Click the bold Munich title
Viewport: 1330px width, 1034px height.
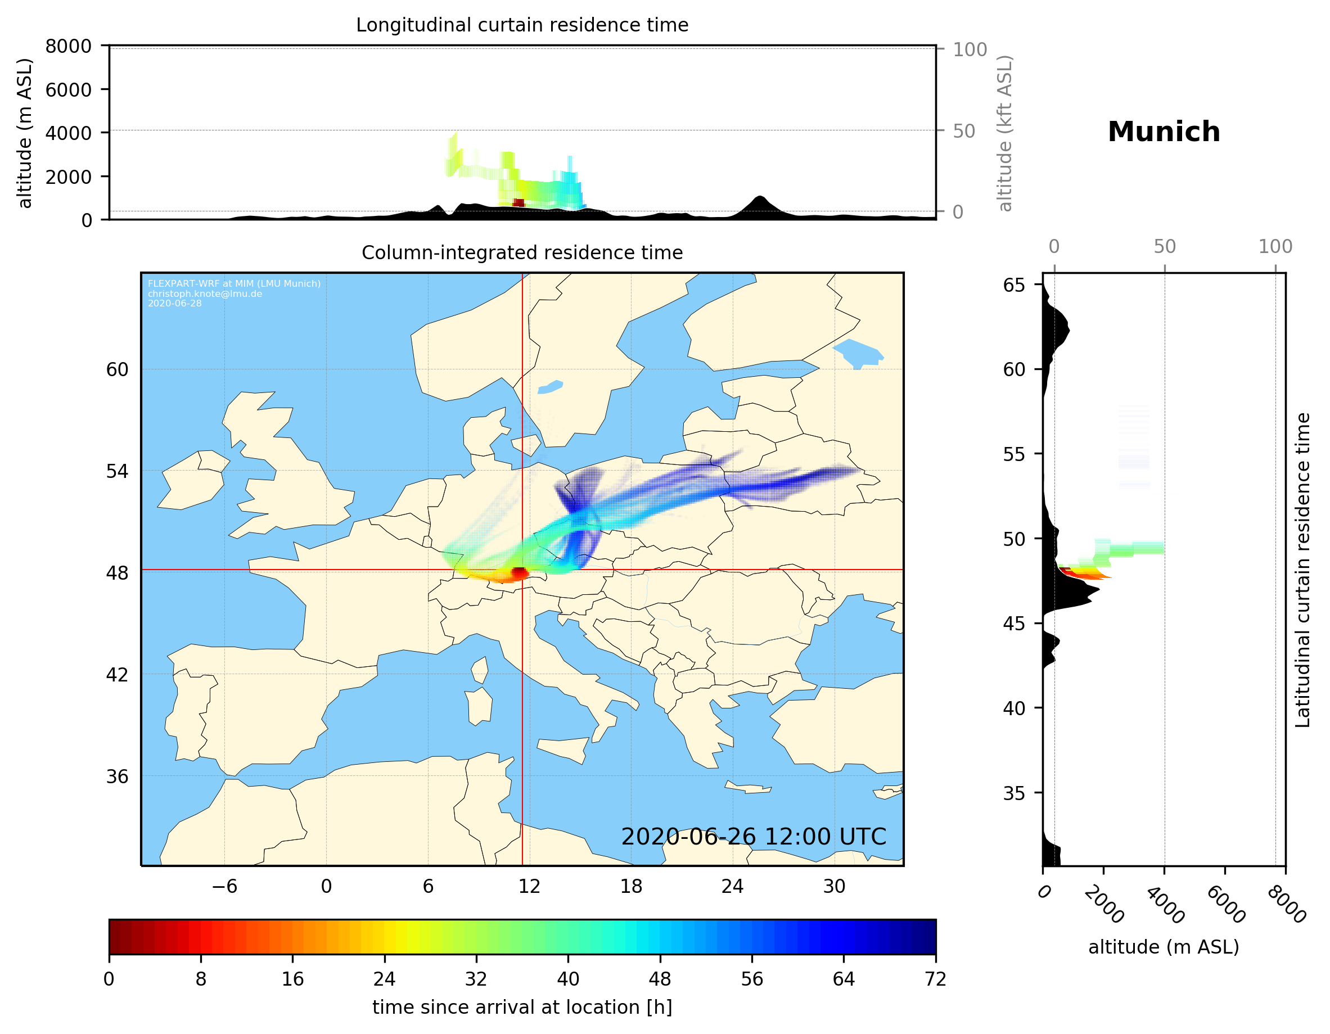[x=1163, y=132]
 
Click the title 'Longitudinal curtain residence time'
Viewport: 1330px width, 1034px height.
[x=522, y=25]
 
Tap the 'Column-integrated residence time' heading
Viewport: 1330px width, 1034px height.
[x=522, y=252]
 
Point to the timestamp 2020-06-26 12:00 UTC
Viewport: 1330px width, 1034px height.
[x=754, y=837]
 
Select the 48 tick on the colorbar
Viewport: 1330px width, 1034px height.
[x=660, y=978]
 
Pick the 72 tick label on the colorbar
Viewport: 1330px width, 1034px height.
[x=935, y=978]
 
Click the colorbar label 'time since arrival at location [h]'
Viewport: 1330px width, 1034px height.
[x=522, y=1007]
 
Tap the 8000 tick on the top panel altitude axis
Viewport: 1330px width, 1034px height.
[x=68, y=46]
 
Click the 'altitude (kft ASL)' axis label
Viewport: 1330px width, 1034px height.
[x=1004, y=133]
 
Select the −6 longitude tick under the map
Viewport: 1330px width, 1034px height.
[x=224, y=886]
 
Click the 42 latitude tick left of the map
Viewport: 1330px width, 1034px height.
[x=117, y=675]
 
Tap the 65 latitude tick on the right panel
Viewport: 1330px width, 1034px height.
[x=1014, y=285]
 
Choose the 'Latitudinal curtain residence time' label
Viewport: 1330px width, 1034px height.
[x=1302, y=570]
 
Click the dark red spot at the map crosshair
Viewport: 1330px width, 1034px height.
[x=520, y=573]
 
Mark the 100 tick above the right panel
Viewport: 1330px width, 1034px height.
[x=1275, y=247]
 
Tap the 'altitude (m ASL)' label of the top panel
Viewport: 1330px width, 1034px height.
[x=24, y=133]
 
